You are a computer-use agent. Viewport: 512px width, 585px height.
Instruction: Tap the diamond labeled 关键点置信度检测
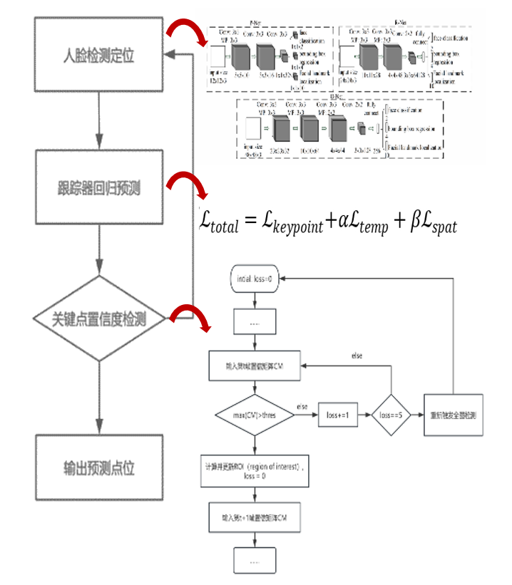tap(99, 319)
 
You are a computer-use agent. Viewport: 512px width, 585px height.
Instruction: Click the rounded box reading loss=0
tap(255, 279)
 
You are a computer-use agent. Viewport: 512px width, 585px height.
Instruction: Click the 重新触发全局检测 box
tap(452, 415)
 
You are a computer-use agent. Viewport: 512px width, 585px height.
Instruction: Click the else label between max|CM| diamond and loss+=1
tap(302, 406)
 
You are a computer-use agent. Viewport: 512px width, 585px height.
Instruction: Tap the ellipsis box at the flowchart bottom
tap(255, 560)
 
